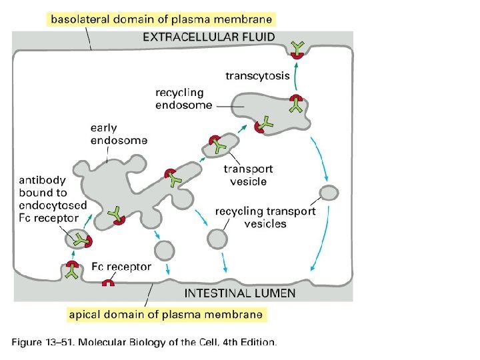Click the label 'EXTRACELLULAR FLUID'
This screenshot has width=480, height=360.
click(208, 37)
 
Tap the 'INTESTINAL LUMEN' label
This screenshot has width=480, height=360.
click(239, 293)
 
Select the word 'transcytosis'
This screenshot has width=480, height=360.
click(257, 75)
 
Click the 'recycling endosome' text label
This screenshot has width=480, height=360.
click(184, 99)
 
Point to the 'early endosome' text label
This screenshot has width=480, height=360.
click(119, 133)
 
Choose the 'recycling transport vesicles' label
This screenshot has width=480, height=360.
click(265, 217)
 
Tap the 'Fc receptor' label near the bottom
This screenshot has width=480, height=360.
click(121, 267)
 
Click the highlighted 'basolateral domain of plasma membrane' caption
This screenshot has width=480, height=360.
click(160, 19)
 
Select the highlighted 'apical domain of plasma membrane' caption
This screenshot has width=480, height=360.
click(166, 313)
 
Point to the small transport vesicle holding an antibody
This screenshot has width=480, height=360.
click(220, 145)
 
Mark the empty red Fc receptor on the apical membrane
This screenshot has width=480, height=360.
click(107, 283)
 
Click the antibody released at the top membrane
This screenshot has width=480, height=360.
click(297, 47)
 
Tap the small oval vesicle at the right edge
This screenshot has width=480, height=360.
click(329, 193)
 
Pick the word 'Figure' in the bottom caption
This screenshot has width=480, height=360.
click(29, 343)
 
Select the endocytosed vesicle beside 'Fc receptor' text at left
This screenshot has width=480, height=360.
click(79, 239)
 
